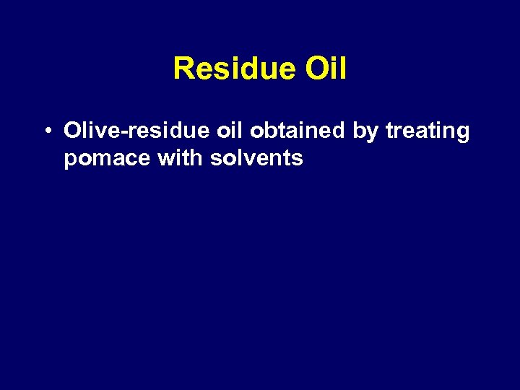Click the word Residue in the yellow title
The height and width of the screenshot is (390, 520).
click(x=235, y=69)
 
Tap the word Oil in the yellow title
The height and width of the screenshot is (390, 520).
click(x=326, y=69)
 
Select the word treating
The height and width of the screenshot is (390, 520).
click(x=428, y=132)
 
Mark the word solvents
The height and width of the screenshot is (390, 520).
click(x=256, y=157)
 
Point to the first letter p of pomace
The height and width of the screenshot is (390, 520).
click(x=70, y=160)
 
